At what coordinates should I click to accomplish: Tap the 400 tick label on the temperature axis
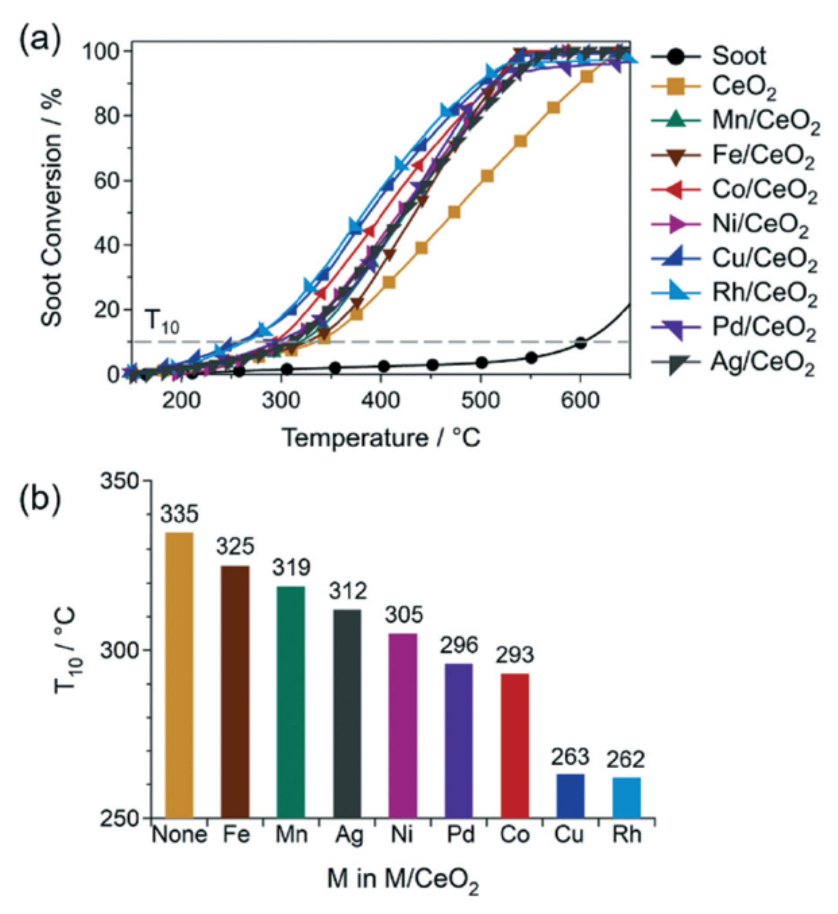point(380,401)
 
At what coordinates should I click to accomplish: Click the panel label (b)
point(39,499)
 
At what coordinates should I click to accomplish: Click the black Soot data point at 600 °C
point(580,343)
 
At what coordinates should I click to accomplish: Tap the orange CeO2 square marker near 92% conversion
point(586,77)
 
